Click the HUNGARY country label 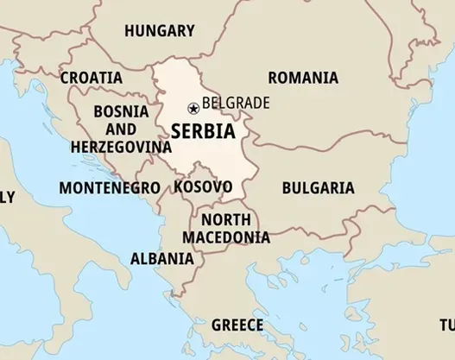[159, 31]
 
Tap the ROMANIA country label [302, 78]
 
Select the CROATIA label [91, 78]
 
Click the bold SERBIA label [202, 131]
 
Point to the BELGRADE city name [236, 104]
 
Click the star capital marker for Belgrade [193, 108]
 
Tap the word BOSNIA [120, 111]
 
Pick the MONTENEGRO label [110, 187]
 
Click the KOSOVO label [202, 186]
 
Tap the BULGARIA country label [318, 187]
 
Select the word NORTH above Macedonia [226, 219]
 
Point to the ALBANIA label [161, 258]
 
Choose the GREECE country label [237, 325]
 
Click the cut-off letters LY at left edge [7, 198]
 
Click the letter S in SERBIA [177, 131]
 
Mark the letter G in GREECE [217, 325]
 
